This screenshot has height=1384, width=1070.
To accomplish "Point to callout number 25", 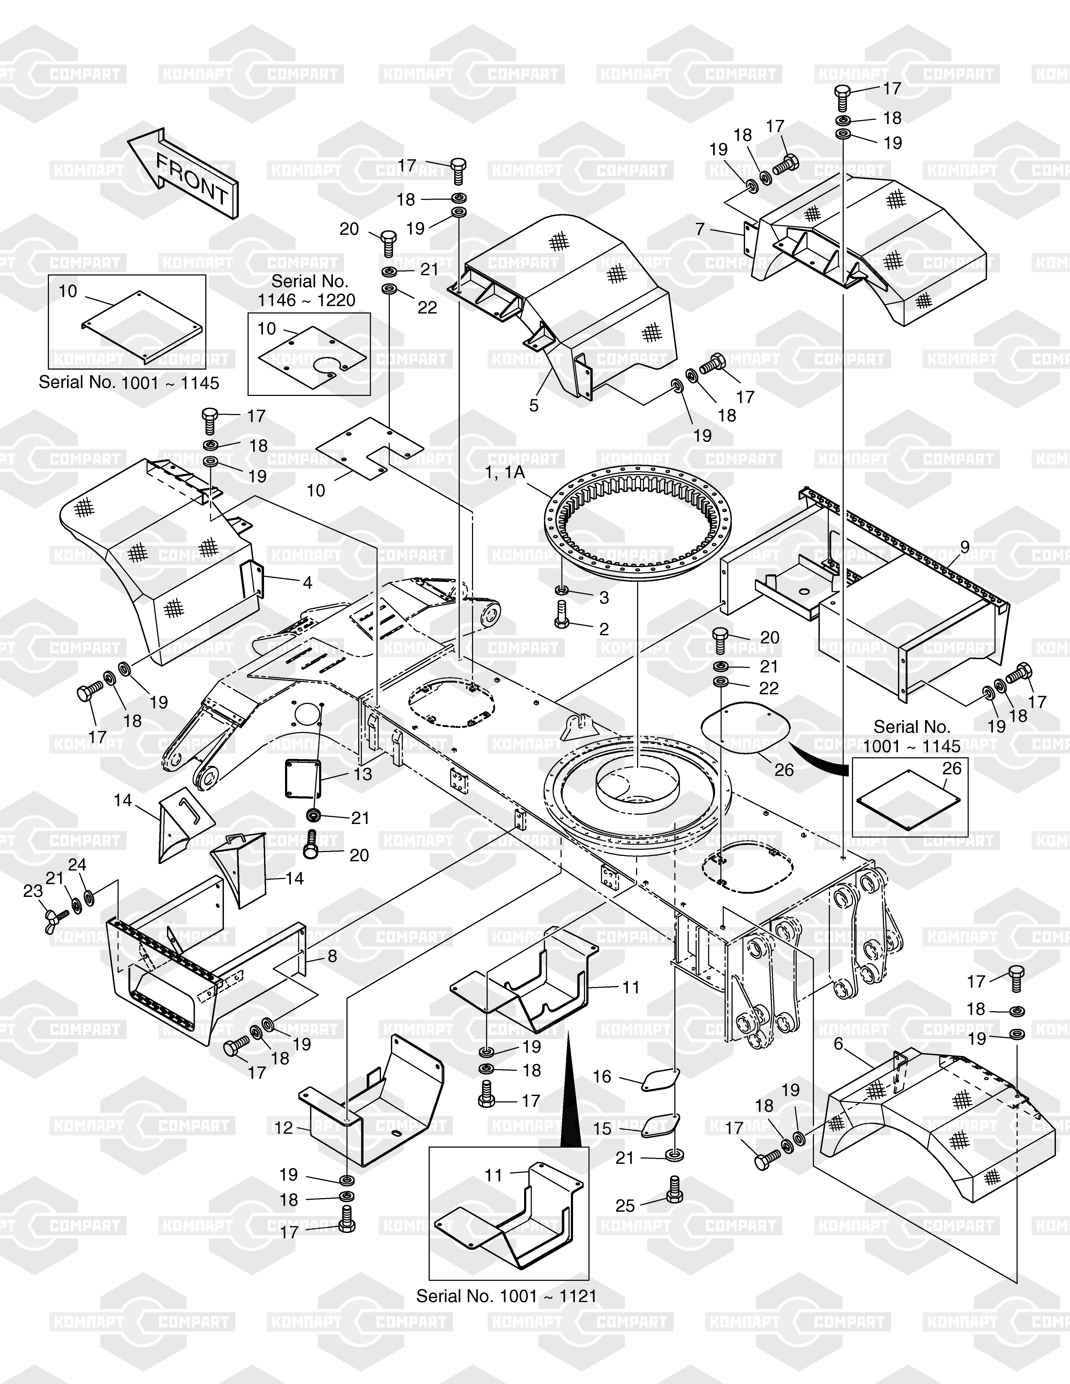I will tap(625, 1205).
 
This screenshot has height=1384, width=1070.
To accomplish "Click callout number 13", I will tap(363, 774).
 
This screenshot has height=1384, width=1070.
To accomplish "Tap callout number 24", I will tap(77, 865).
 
